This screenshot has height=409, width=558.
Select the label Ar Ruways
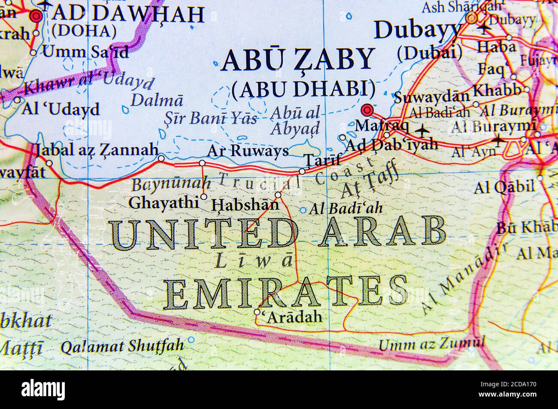[248, 151]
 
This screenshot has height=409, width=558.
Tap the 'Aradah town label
[294, 317]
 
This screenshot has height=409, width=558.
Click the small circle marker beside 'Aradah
[257, 312]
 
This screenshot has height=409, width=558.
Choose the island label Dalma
[157, 100]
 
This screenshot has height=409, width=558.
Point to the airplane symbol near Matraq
[423, 129]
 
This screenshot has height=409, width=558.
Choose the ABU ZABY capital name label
[298, 60]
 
